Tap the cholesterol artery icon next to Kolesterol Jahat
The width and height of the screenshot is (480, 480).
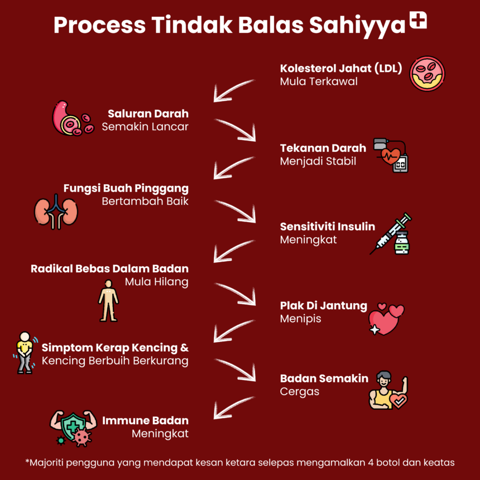[428, 74]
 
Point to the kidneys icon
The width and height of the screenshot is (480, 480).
[56, 212]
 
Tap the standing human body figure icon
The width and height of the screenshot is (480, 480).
[108, 300]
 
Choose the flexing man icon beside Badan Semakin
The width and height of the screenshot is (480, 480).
[387, 390]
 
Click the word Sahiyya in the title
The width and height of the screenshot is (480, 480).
[357, 25]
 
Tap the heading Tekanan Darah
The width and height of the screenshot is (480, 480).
[323, 148]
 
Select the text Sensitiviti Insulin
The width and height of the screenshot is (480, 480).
[327, 227]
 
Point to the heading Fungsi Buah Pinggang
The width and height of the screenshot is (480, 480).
[126, 188]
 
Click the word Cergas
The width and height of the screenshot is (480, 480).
[299, 391]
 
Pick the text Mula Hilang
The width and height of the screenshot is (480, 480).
[156, 282]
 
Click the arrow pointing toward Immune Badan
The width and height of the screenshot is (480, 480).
[233, 407]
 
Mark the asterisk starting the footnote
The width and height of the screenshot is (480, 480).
[27, 462]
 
